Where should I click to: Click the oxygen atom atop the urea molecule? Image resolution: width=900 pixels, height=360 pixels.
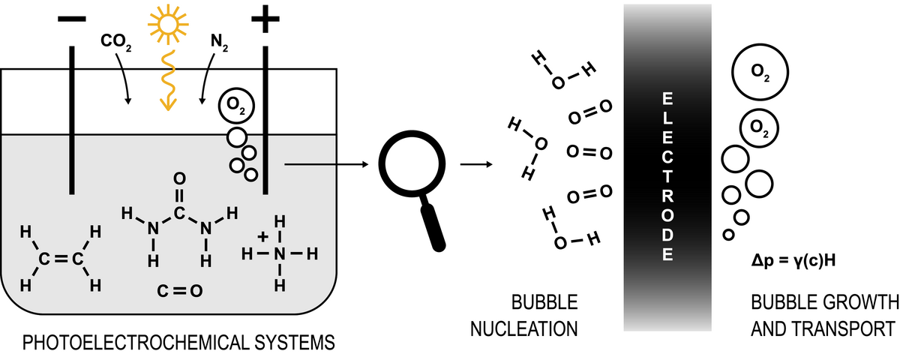click(178, 179)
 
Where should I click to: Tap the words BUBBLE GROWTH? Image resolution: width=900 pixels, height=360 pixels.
click(824, 303)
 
